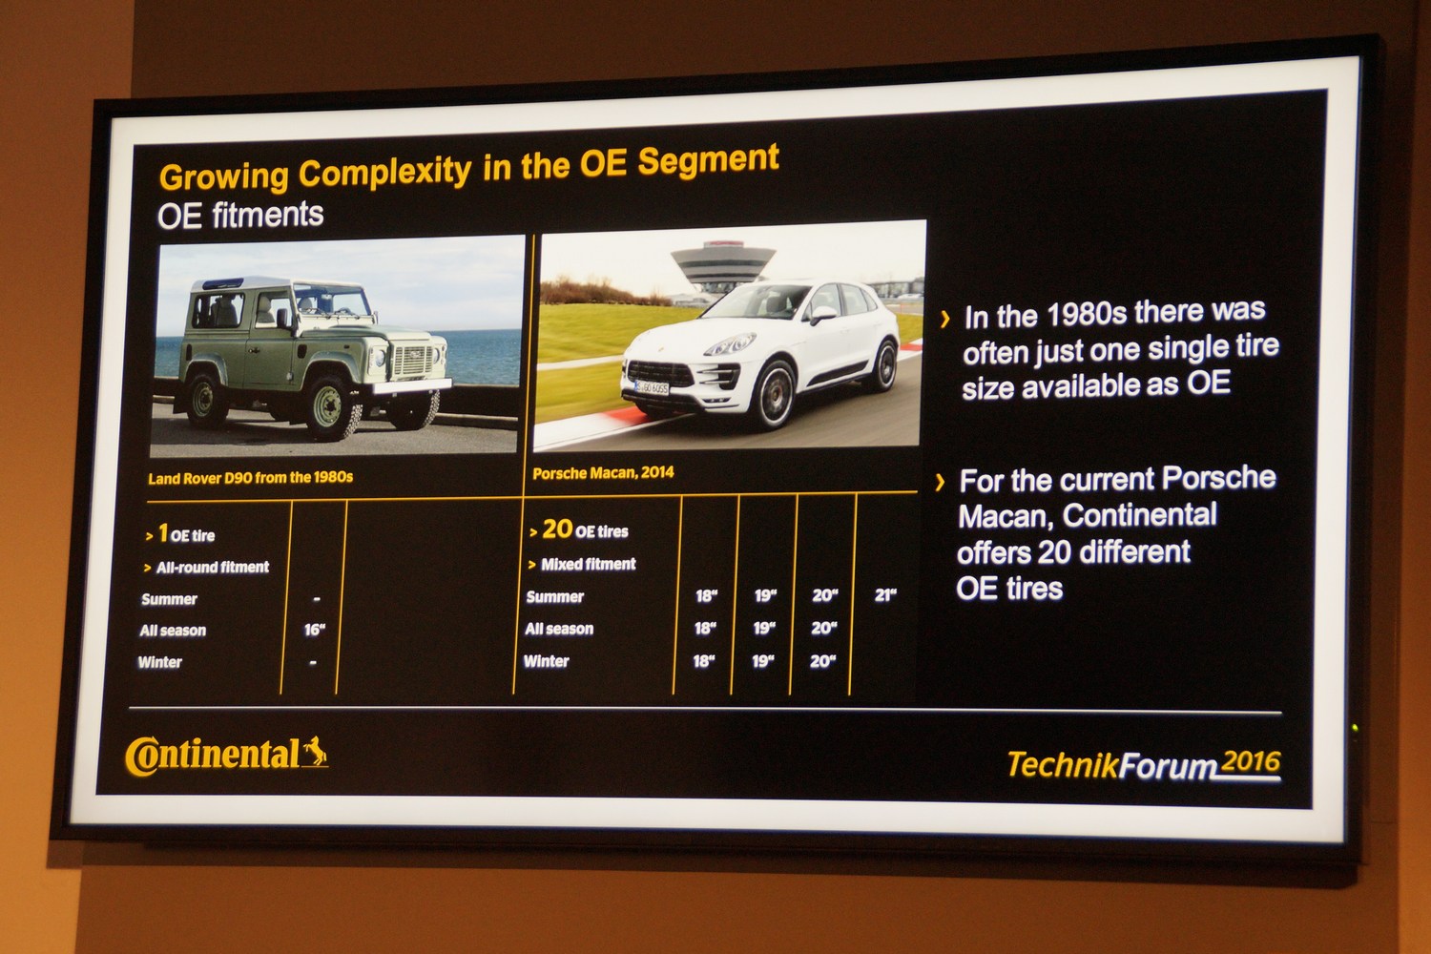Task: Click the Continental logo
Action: pyautogui.click(x=227, y=756)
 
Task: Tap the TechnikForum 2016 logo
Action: pyautogui.click(x=1144, y=764)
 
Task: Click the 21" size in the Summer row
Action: pyautogui.click(x=884, y=595)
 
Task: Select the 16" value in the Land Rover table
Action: pyautogui.click(x=314, y=630)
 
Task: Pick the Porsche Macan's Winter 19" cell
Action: pyautogui.click(x=762, y=661)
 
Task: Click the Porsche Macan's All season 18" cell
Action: pyautogui.click(x=705, y=628)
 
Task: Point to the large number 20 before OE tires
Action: pyautogui.click(x=557, y=529)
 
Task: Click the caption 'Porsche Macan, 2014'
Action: pyautogui.click(x=603, y=473)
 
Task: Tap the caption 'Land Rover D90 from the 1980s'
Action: pyautogui.click(x=250, y=478)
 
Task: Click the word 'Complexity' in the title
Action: pyautogui.click(x=384, y=172)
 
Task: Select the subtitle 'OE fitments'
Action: pyautogui.click(x=240, y=216)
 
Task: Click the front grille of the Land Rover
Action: pyautogui.click(x=413, y=361)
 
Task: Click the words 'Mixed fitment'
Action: pyautogui.click(x=588, y=564)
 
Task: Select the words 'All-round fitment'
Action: pyautogui.click(x=212, y=568)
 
